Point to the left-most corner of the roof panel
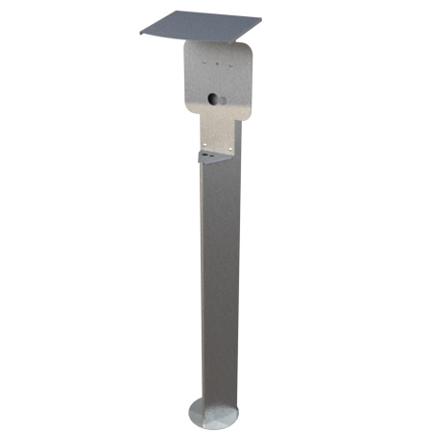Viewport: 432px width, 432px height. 138,36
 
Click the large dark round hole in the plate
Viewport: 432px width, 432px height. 213,99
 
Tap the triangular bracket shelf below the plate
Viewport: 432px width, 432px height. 215,155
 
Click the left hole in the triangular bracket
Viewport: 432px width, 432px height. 206,153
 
